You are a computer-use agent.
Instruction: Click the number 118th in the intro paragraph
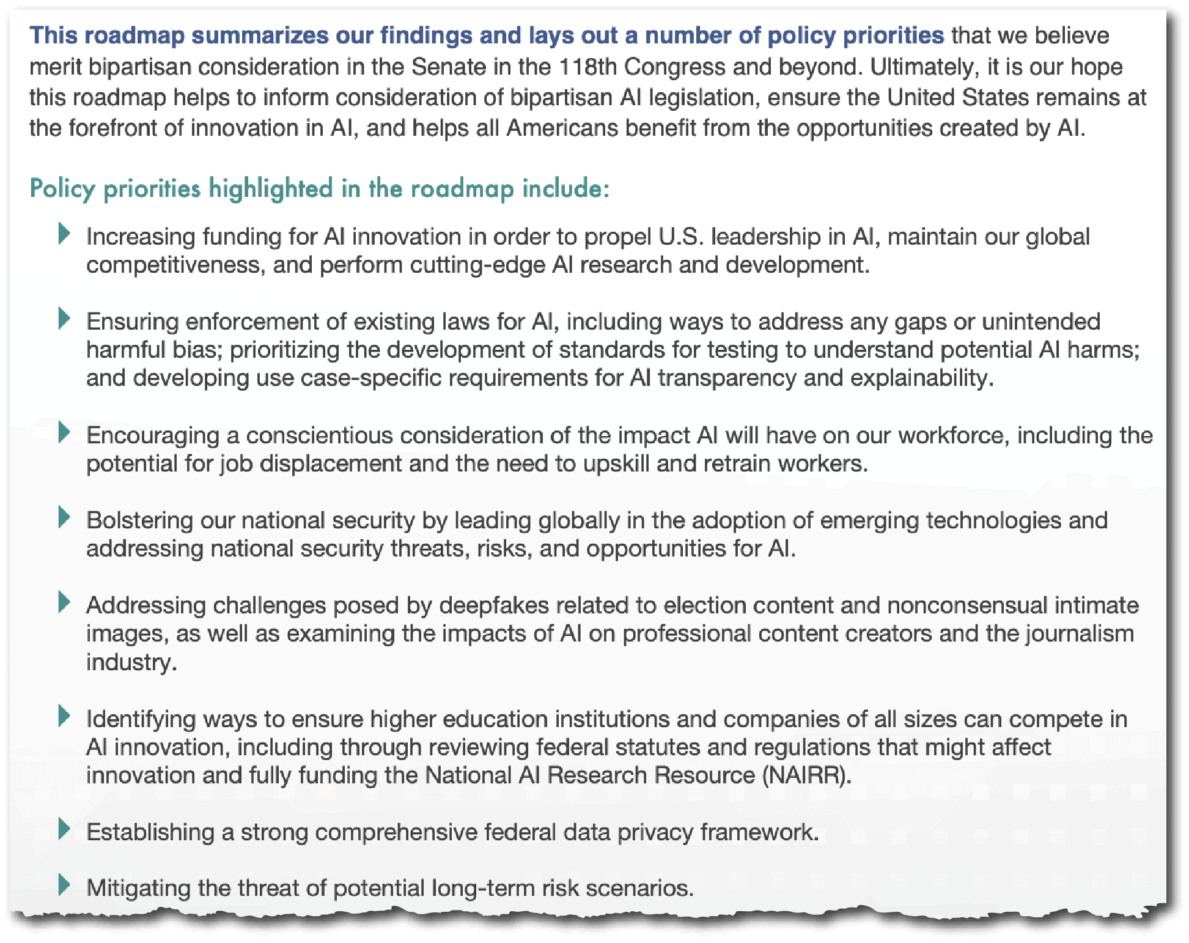[587, 67]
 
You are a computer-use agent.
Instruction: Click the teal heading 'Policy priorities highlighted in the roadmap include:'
[319, 188]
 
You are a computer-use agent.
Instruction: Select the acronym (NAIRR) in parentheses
[806, 775]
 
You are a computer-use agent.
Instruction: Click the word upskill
[616, 464]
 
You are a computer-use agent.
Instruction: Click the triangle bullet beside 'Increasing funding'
[64, 234]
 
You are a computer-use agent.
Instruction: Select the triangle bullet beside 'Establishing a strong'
[64, 829]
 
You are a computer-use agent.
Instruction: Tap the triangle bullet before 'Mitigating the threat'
[64, 885]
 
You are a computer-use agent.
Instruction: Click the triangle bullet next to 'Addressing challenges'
[64, 602]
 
